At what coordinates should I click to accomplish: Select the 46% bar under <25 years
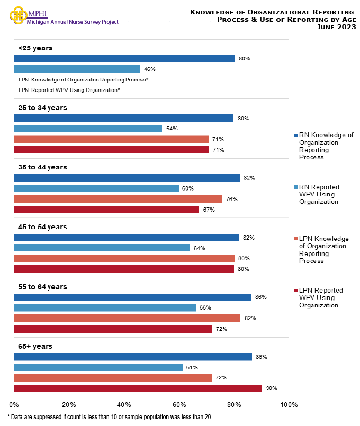tap(77, 69)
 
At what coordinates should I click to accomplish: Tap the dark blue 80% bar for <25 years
tap(124, 58)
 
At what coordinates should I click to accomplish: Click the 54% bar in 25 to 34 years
tap(88, 129)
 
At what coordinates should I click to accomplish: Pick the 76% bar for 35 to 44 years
tap(118, 199)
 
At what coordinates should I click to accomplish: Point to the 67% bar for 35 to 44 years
tap(106, 210)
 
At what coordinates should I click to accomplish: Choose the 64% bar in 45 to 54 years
tap(102, 248)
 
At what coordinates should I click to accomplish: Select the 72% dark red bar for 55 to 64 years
tap(113, 329)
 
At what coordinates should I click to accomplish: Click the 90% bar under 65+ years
tap(138, 388)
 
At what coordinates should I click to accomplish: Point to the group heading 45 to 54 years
tap(42, 227)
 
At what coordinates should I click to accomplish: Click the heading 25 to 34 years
tap(42, 107)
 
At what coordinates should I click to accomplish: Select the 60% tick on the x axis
tap(179, 405)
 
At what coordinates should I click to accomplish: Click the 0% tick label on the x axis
tap(14, 405)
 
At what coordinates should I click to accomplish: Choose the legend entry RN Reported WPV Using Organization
tap(319, 194)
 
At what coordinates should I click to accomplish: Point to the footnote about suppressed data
tap(110, 417)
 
